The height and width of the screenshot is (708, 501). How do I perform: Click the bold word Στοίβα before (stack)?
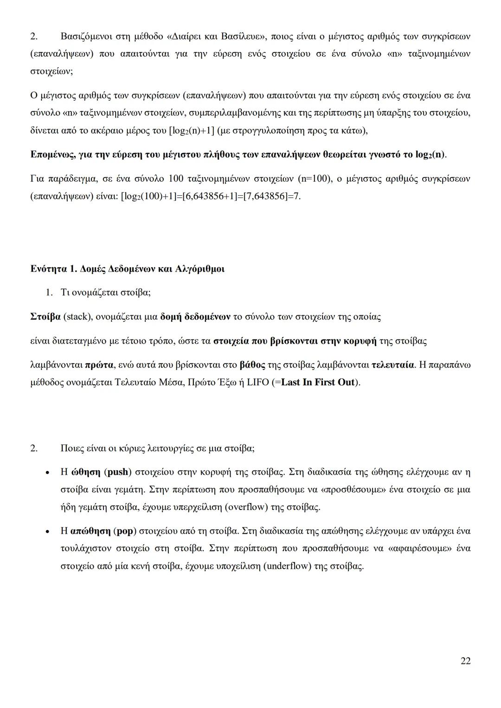click(x=45, y=317)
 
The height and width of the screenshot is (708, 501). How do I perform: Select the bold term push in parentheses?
click(x=118, y=472)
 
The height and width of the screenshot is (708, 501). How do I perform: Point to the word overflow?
click(x=246, y=507)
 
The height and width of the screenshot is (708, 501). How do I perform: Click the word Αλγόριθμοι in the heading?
click(x=201, y=269)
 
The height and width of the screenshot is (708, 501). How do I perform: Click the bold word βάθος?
click(x=252, y=365)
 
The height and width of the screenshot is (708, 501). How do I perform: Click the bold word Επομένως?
click(x=51, y=154)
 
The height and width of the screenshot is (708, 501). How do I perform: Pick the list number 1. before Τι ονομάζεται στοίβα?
click(x=49, y=293)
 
